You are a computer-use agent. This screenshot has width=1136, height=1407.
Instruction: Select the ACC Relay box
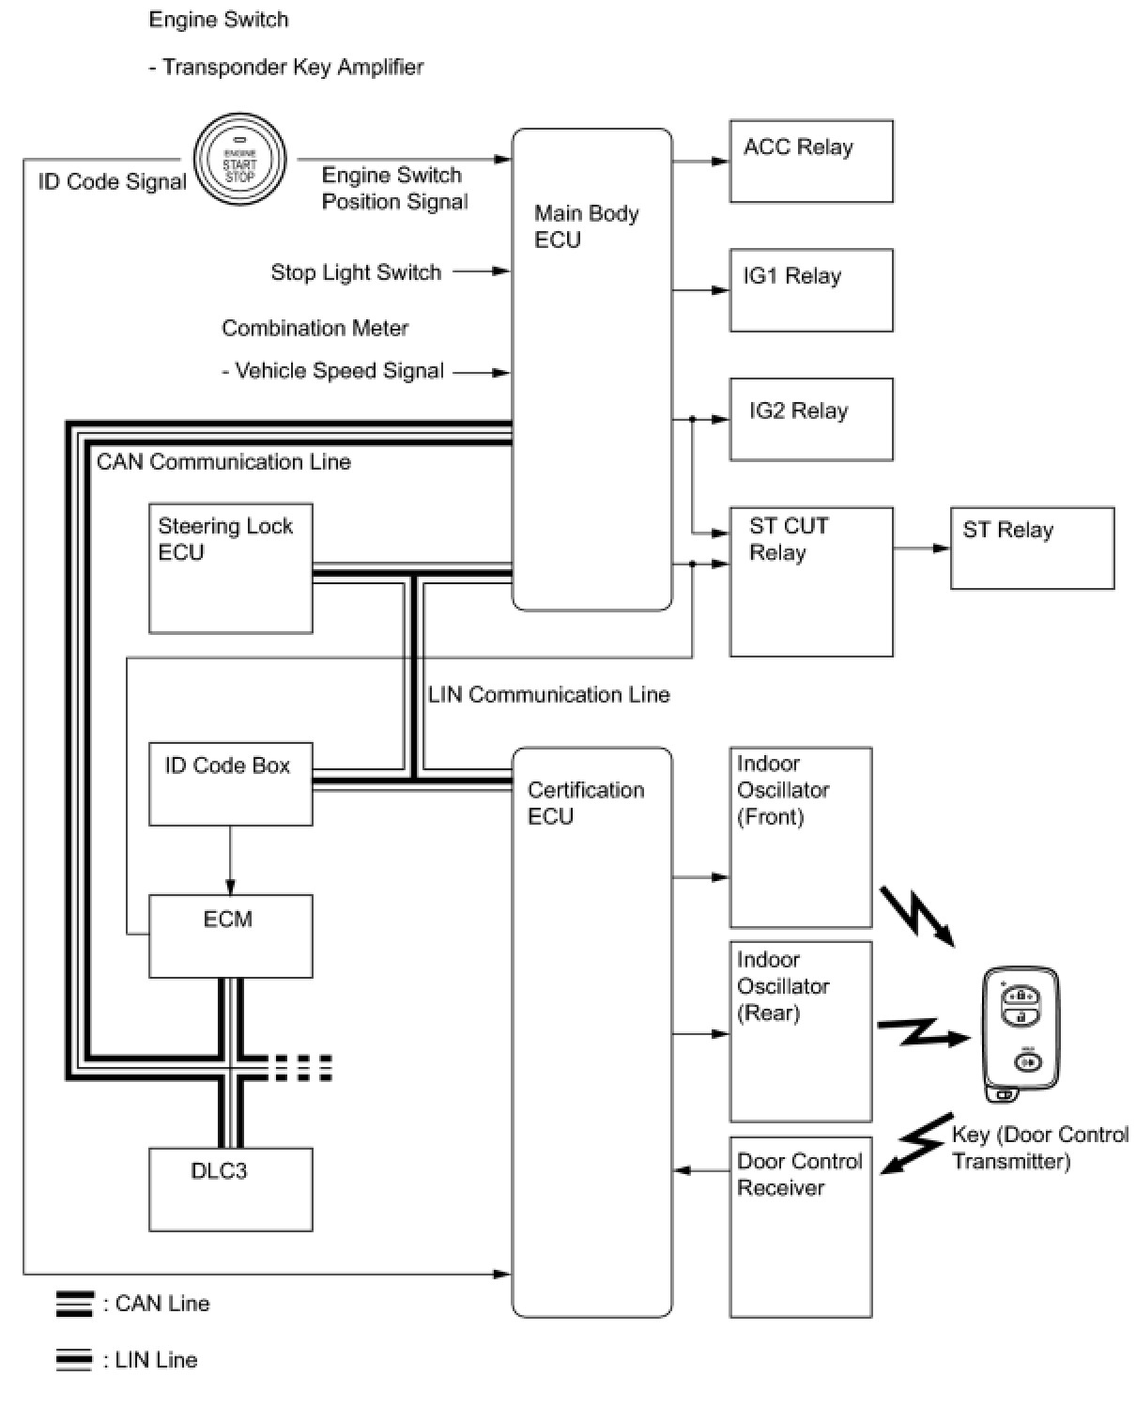coord(811,161)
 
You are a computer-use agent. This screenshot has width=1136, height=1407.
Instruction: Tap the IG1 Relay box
coord(811,290)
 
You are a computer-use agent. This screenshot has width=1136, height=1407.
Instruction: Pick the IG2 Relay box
coord(811,419)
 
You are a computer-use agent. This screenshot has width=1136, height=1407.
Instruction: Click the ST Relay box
coord(1032,549)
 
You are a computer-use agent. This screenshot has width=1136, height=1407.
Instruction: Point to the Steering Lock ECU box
coord(230,568)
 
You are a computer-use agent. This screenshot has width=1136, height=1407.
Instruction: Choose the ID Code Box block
coord(230,784)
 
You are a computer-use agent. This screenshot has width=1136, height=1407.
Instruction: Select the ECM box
coord(230,935)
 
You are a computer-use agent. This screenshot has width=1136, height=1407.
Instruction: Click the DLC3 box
coord(230,1189)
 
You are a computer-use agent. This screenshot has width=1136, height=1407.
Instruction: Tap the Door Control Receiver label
coord(799,1174)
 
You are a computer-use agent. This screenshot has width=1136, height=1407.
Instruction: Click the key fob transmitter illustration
coord(1021,1034)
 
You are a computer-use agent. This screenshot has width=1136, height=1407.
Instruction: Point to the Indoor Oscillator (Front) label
coord(783,790)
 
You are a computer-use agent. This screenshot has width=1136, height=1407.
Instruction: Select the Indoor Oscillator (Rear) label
coord(783,986)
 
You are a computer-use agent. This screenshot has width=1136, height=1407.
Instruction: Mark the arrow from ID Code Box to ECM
coord(230,860)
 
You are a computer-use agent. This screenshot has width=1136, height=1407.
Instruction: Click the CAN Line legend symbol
coord(74,1304)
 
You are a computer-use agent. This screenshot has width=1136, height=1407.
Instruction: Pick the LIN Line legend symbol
coord(74,1360)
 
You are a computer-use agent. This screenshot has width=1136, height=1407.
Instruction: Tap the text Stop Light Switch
coord(356,272)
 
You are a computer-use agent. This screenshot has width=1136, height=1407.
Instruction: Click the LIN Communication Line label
coord(548,695)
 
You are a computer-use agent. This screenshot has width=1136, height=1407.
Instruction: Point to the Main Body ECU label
coord(586,226)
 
